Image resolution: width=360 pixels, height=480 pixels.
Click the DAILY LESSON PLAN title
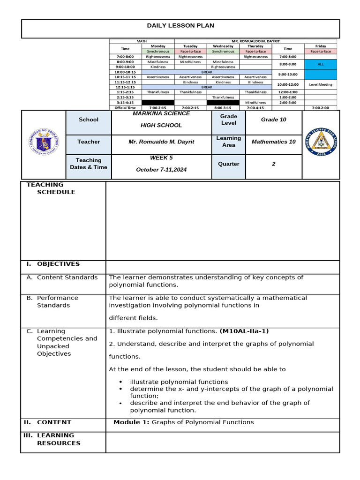pyautogui.click(x=180, y=26)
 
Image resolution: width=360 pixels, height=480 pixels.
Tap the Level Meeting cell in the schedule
pyautogui.click(x=321, y=84)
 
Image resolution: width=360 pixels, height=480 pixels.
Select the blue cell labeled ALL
pyautogui.click(x=321, y=63)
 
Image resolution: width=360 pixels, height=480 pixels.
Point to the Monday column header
pyautogui.click(x=158, y=46)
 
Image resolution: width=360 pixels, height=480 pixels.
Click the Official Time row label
pyautogui.click(x=125, y=108)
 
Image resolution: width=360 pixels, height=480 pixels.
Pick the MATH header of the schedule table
pyautogui.click(x=142, y=41)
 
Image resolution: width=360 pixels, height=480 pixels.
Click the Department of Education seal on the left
pyautogui.click(x=44, y=142)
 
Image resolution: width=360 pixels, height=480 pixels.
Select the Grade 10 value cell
pyautogui.click(x=273, y=120)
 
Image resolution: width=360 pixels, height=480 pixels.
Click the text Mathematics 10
pyautogui.click(x=273, y=142)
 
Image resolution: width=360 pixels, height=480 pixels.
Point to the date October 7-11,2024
pyautogui.click(x=161, y=170)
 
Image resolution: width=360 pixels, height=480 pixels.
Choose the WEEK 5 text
pyautogui.click(x=161, y=158)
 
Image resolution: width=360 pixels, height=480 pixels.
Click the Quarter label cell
pyautogui.click(x=228, y=164)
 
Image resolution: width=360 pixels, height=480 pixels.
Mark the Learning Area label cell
pyautogui.click(x=228, y=142)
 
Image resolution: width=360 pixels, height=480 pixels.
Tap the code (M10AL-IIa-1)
pyautogui.click(x=244, y=331)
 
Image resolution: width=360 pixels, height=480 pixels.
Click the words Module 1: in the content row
pyautogui.click(x=131, y=422)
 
